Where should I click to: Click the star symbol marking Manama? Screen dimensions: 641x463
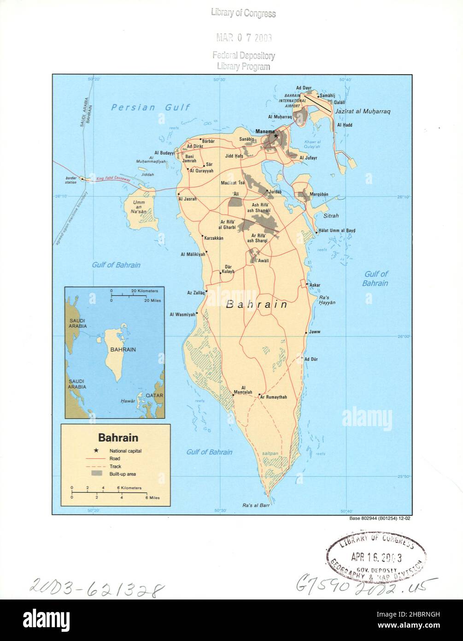[275, 136]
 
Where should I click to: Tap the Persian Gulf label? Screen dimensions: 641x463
[151, 107]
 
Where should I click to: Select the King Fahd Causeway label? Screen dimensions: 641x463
[113, 178]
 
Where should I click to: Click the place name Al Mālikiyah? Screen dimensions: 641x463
[193, 254]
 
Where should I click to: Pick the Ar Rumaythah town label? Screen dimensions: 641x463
[273, 397]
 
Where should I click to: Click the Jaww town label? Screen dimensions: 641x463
[315, 332]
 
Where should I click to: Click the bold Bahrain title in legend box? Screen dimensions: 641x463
[116, 437]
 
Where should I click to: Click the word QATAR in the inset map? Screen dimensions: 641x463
[156, 396]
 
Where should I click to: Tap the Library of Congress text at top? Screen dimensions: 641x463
[243, 13]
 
